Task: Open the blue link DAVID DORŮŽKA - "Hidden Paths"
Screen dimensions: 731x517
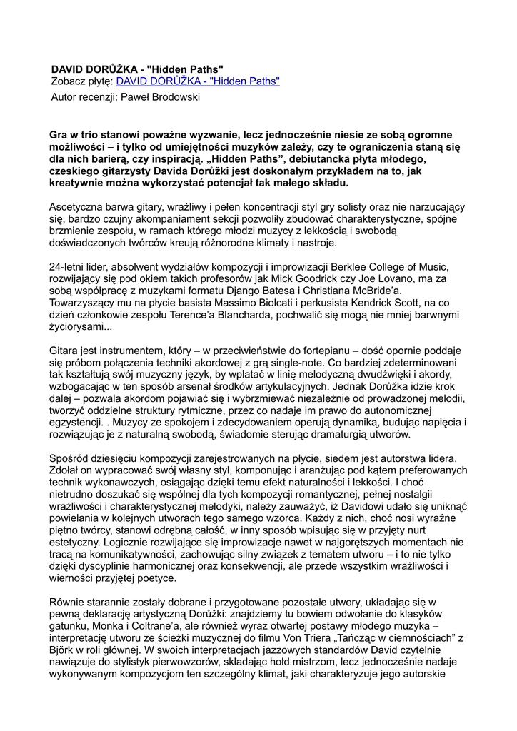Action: pos(198,81)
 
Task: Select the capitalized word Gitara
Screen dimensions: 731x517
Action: pos(65,351)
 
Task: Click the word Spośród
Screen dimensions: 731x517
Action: pos(70,458)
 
